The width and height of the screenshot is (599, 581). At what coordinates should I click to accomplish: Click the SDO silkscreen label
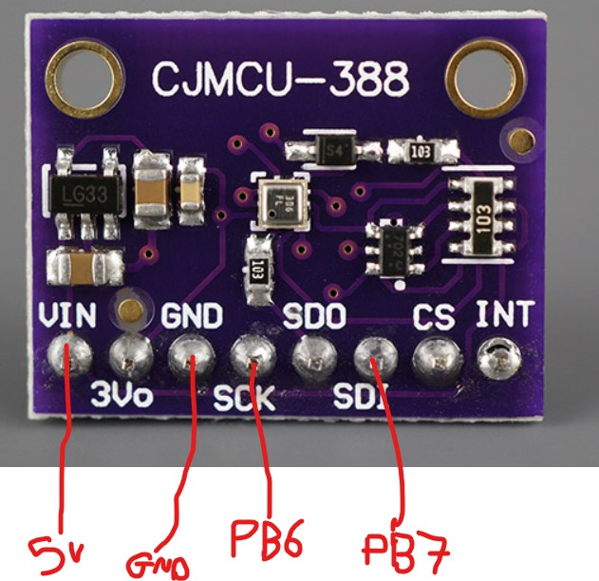click(315, 314)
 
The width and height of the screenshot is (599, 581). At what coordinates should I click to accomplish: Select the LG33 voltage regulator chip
click(84, 197)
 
